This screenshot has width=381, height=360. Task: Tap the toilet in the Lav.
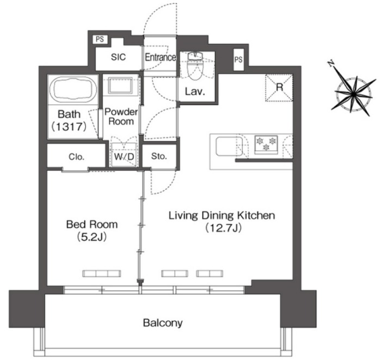point(196,66)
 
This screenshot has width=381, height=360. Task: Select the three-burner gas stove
point(266,144)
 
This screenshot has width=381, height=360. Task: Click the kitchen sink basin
point(229,146)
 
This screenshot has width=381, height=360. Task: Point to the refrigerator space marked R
point(279,88)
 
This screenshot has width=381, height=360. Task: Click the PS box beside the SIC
point(100,39)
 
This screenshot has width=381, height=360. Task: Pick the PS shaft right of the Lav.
point(238,59)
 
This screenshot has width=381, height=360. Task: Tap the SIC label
point(118,57)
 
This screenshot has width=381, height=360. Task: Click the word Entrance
point(161,57)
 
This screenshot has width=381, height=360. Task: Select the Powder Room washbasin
point(120,86)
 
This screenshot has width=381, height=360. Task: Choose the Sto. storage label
point(159,156)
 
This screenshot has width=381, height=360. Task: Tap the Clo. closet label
point(77,157)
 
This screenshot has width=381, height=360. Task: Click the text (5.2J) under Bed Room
point(92,237)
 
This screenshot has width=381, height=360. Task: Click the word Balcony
point(163,323)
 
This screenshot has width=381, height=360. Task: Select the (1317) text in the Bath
point(69,127)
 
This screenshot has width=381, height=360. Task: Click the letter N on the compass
point(330,64)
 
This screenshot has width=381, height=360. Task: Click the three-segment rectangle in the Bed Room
point(102,274)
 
